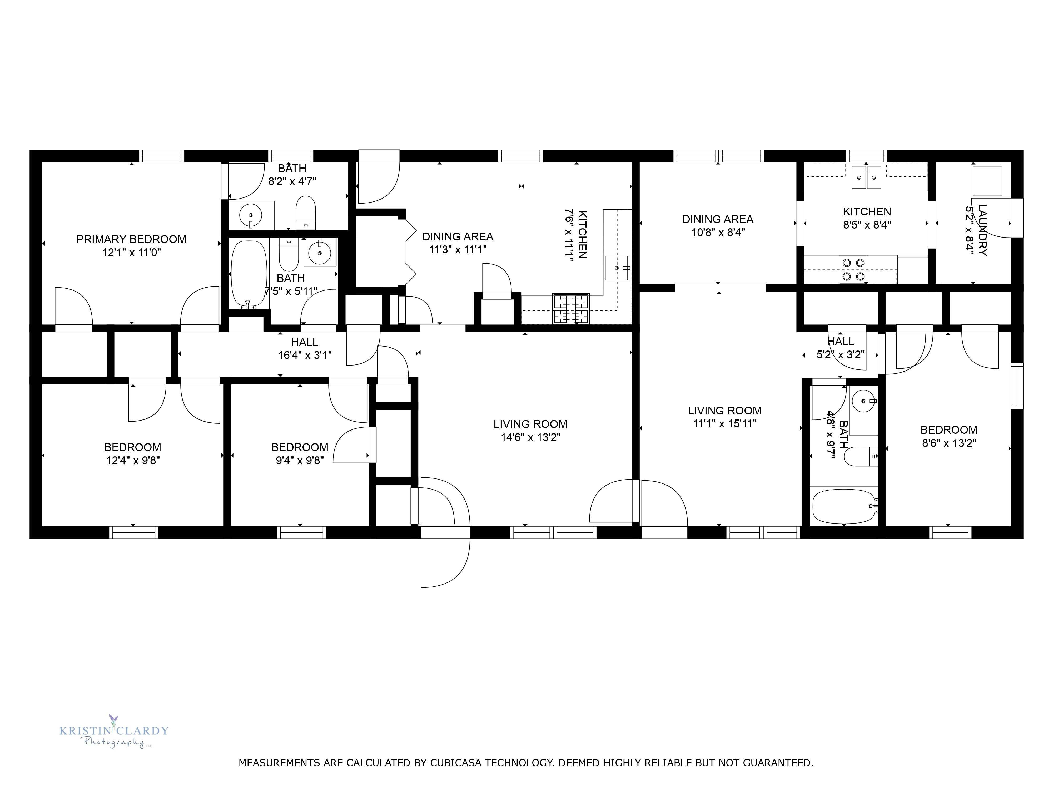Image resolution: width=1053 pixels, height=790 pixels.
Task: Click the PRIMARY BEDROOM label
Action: tap(131, 239)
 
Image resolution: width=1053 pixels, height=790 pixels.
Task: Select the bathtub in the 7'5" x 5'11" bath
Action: tap(249, 274)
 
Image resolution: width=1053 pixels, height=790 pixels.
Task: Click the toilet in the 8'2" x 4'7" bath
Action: tap(306, 213)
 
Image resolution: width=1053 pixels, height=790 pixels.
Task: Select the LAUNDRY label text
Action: tap(982, 230)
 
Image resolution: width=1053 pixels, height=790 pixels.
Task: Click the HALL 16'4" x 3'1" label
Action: tap(305, 349)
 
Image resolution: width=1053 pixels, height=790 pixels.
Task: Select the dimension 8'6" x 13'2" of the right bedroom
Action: tap(949, 443)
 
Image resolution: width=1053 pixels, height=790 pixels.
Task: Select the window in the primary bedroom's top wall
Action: tap(162, 156)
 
